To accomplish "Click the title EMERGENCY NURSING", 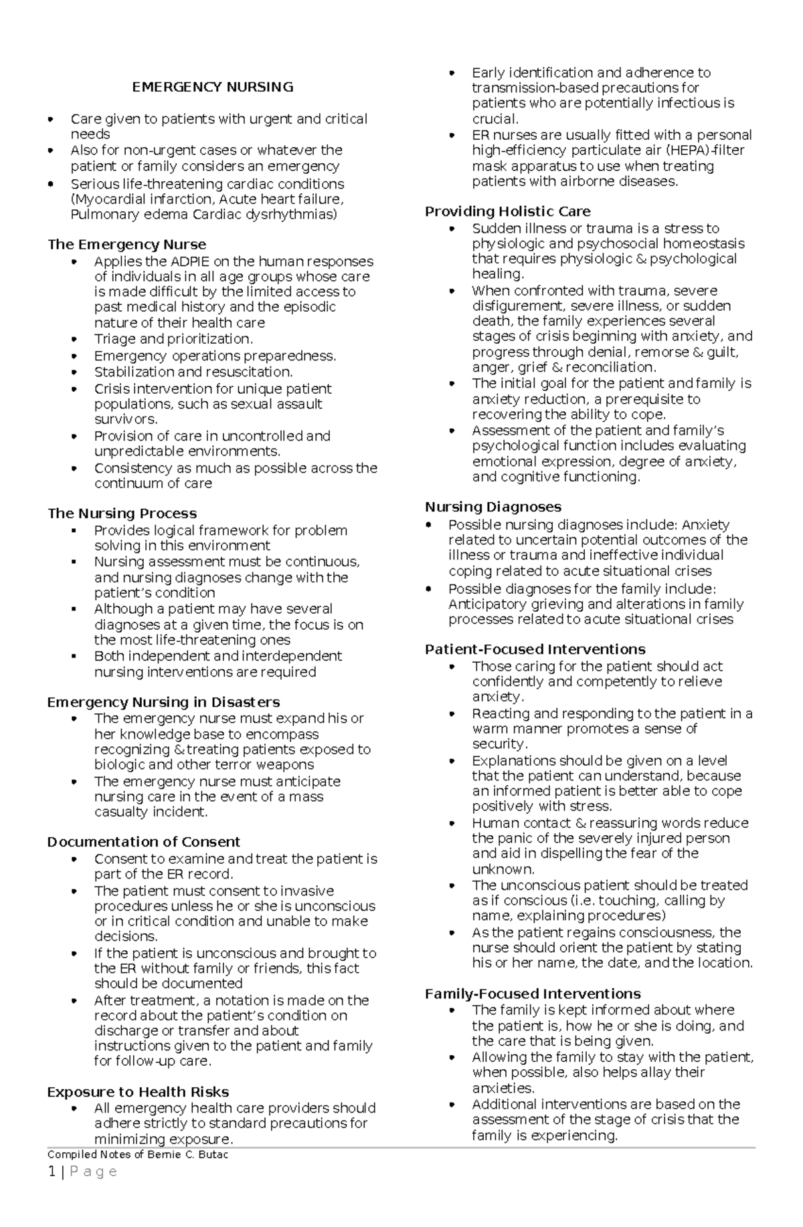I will [x=212, y=87].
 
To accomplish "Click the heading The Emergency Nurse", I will [x=126, y=244].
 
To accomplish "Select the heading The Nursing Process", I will [x=122, y=513].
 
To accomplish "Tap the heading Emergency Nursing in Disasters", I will [x=163, y=701].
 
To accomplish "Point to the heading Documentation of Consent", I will [x=143, y=841].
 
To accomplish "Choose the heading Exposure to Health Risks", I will [x=138, y=1091].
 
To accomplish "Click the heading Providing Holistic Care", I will [x=507, y=211].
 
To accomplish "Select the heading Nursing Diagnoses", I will [x=493, y=507].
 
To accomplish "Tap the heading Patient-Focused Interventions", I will [x=535, y=649].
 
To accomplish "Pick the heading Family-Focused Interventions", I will [x=533, y=994].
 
